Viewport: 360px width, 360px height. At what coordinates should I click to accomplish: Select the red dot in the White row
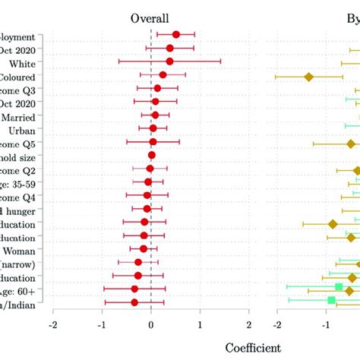(169, 62)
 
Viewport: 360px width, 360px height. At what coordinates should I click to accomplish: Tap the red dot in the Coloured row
(163, 74)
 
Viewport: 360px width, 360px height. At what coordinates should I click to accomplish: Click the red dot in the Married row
(155, 115)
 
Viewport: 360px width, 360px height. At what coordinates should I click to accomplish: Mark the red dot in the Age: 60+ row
(135, 289)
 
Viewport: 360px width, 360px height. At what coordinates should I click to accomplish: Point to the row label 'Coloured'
(27, 76)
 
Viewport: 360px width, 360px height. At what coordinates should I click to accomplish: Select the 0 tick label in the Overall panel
(151, 324)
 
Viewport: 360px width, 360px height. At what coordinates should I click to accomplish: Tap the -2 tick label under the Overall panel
(52, 324)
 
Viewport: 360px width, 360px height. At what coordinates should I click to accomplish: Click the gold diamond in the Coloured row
(308, 77)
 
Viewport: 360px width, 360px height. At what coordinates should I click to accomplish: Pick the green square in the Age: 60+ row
(339, 286)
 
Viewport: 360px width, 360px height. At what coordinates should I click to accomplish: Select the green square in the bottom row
(331, 300)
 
